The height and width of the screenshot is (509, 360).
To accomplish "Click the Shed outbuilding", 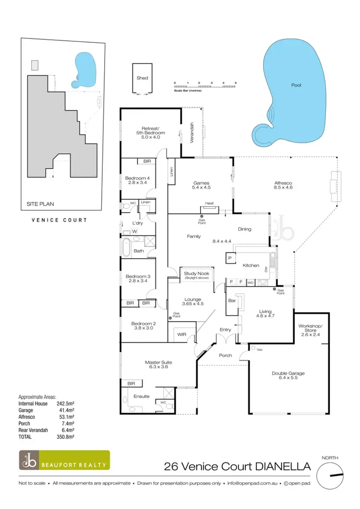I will coord(142,78).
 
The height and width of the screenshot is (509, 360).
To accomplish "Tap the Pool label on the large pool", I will coord(296,85).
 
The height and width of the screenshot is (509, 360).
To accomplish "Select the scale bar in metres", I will coord(205,86).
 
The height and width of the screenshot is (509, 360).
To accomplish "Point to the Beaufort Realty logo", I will coord(64,460).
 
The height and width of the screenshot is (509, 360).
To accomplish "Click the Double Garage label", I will coord(288,373).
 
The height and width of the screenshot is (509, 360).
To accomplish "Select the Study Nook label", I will coord(196,274).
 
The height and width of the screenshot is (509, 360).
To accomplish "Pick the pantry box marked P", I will coord(229,258).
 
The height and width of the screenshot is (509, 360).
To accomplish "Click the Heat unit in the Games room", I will coord(209,204).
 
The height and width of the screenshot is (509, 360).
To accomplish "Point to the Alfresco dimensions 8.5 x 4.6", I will coord(283,187).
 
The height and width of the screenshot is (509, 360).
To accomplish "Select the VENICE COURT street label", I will coord(59,220).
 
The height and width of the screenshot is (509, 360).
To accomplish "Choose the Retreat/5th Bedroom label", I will coord(150,131).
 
